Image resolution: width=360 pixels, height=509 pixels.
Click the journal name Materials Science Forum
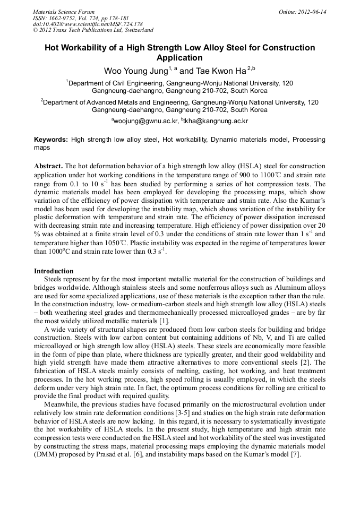[x=63, y=12]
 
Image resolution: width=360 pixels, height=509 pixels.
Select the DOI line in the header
[x=88, y=24]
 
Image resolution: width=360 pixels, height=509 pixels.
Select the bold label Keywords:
[x=51, y=140]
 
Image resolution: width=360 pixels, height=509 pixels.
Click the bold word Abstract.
[x=48, y=166]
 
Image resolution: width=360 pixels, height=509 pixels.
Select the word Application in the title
[x=179, y=58]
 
